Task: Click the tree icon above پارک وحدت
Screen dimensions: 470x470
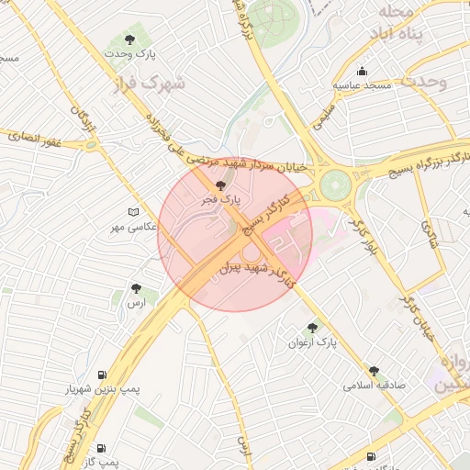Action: click(x=130, y=39)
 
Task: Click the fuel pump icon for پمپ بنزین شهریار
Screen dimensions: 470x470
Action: click(x=101, y=375)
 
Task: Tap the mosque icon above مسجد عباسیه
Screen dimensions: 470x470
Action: click(x=363, y=72)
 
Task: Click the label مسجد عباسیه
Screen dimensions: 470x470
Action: click(x=363, y=85)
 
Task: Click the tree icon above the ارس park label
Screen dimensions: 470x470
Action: click(x=136, y=288)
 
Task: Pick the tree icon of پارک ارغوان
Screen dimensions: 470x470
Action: click(x=313, y=327)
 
